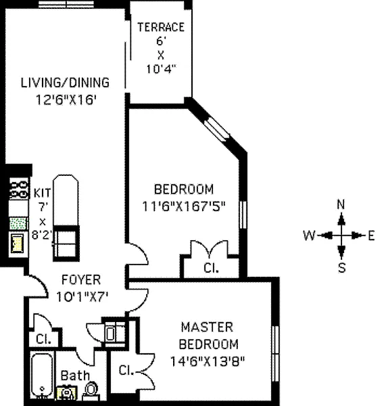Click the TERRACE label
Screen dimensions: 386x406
pyautogui.click(x=161, y=27)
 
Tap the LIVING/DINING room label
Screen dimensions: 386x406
pyautogui.click(x=65, y=83)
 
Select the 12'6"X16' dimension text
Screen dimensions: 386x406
pyautogui.click(x=66, y=99)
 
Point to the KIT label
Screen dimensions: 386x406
pyautogui.click(x=43, y=193)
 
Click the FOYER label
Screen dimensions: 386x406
pyautogui.click(x=81, y=280)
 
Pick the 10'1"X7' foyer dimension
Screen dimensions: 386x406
pyautogui.click(x=82, y=297)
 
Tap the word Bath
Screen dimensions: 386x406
pyautogui.click(x=75, y=376)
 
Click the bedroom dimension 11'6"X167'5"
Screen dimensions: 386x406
pyautogui.click(x=184, y=206)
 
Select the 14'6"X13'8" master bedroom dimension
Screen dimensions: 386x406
pyautogui.click(x=208, y=361)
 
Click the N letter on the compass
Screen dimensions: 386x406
pyautogui.click(x=341, y=204)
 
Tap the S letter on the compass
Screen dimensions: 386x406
pyautogui.click(x=342, y=268)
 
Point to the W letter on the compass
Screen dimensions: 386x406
pyautogui.click(x=310, y=235)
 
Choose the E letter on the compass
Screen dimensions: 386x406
pyautogui.click(x=371, y=236)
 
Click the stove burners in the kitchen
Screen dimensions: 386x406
pyautogui.click(x=19, y=189)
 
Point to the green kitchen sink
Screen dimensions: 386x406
pyautogui.click(x=18, y=224)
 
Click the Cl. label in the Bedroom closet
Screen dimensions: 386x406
pyautogui.click(x=211, y=268)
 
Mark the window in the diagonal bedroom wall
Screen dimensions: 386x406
pyautogui.click(x=217, y=130)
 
